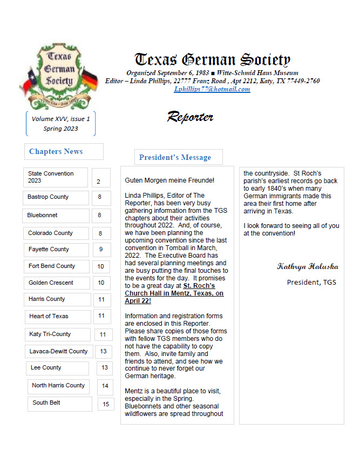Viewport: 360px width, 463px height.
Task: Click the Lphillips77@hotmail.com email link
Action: (212, 89)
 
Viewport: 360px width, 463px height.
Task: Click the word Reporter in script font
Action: (190, 117)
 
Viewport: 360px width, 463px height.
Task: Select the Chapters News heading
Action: (56, 151)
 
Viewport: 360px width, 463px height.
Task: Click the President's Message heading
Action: (175, 157)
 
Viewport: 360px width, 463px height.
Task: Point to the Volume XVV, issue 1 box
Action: (60, 124)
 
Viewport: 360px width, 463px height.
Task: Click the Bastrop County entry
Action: (49, 197)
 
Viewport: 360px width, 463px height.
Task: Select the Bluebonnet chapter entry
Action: (43, 215)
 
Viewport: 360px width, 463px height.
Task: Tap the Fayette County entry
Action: (49, 250)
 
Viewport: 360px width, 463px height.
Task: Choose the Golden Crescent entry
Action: (51, 283)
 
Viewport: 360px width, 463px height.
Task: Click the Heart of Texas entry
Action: (49, 316)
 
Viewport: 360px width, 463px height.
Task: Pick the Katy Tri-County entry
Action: (50, 334)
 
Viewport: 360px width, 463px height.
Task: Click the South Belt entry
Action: (46, 402)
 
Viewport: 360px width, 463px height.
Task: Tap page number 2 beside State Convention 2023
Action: (99, 182)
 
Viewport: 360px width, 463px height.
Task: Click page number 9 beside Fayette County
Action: (101, 250)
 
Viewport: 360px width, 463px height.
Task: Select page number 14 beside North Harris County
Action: (105, 386)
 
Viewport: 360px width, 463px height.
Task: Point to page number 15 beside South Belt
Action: (106, 404)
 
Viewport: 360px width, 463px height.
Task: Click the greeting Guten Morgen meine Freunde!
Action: (169, 180)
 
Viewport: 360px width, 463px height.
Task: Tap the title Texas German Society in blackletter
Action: (212, 60)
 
